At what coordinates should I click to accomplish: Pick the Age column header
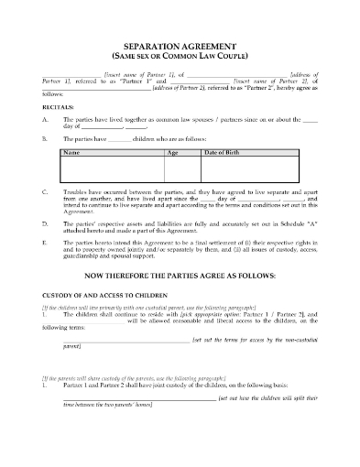coord(171,151)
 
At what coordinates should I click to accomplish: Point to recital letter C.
coord(45,192)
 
